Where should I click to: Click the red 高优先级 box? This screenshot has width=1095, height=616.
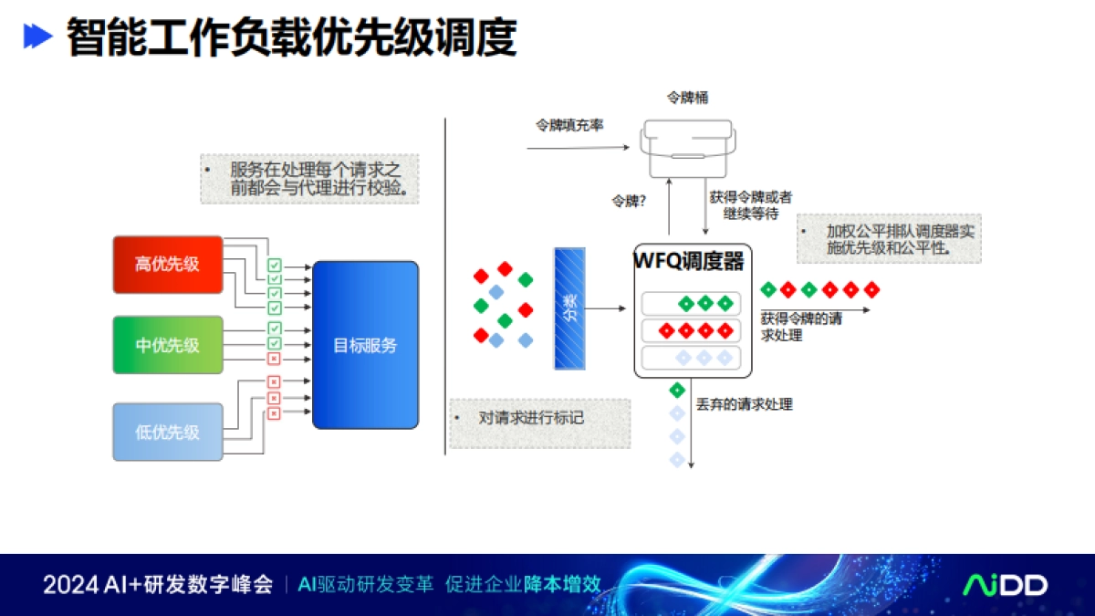168,265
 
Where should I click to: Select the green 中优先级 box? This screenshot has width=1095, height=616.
168,345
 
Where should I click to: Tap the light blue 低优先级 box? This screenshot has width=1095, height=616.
168,432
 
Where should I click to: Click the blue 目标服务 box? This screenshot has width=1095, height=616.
365,345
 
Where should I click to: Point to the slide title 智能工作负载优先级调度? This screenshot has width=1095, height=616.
291,37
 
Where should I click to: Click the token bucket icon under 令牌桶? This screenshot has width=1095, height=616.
687,148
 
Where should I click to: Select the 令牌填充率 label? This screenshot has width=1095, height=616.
568,125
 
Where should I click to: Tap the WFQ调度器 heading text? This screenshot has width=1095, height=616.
689,262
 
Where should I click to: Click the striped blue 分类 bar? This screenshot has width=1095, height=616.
569,308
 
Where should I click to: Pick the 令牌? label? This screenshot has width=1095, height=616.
629,201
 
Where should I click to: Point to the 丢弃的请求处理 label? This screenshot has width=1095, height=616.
745,403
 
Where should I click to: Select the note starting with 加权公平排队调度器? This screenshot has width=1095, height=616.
890,238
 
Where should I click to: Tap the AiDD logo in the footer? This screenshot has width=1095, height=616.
1006,585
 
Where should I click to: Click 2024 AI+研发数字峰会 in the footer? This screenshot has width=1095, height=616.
158,585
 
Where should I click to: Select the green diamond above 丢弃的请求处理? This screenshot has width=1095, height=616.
677,391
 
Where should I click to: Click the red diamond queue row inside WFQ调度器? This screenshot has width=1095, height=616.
691,330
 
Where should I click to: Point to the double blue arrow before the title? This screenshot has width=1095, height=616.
37,37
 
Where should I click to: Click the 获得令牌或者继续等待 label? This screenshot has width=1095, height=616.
751,204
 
